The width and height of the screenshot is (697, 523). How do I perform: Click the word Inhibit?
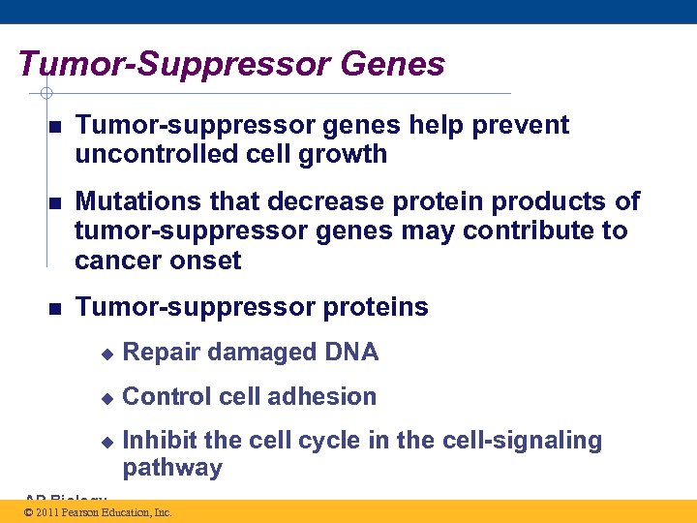[161, 441]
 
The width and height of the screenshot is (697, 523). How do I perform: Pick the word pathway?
[172, 469]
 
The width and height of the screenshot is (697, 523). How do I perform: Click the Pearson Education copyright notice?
[98, 512]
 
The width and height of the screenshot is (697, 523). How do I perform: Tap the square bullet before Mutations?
[55, 202]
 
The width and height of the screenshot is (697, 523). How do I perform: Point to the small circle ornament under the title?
[45, 94]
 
